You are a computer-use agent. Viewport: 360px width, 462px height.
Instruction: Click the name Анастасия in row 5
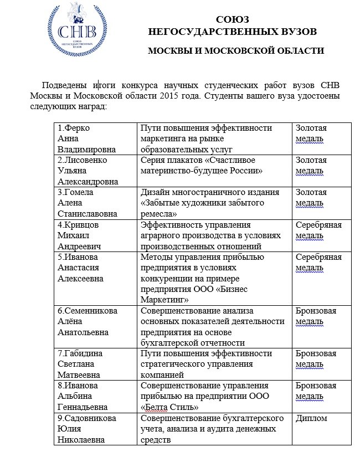[78, 268]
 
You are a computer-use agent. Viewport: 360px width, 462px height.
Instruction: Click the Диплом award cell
[311, 418]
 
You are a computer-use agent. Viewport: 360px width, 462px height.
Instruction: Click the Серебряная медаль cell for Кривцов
[318, 230]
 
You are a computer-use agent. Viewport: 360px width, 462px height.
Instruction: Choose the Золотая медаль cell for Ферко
[311, 134]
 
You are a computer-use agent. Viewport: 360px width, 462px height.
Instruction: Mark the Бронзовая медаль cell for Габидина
[316, 359]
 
